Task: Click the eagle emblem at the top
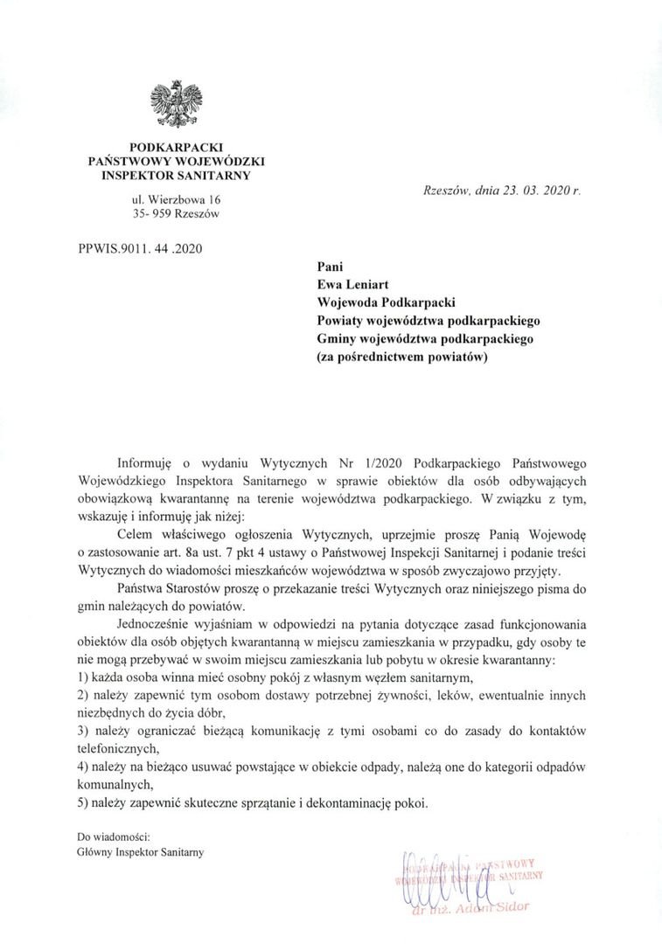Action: pos(177,103)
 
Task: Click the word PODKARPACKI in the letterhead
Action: pos(177,148)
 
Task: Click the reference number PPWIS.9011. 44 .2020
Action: pos(141,248)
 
